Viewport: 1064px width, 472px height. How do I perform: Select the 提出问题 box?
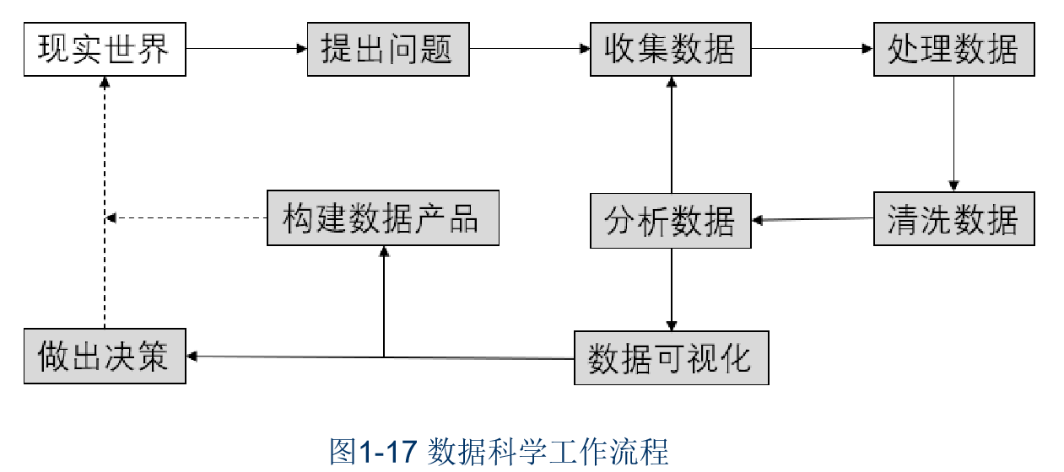[x=388, y=49]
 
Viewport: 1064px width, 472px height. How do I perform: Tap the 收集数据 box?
[x=671, y=49]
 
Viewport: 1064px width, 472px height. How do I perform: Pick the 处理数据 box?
[x=953, y=49]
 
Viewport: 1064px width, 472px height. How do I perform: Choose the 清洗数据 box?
[x=953, y=220]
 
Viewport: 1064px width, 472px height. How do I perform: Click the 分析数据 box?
[x=671, y=221]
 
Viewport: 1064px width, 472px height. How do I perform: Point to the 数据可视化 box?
[x=671, y=358]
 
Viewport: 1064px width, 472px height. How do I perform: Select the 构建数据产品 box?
[x=383, y=218]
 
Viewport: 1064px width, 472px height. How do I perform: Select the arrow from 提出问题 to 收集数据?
[x=529, y=49]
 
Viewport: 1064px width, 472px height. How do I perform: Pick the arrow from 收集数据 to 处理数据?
[x=812, y=49]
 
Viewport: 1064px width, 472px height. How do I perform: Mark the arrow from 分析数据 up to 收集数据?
[x=671, y=135]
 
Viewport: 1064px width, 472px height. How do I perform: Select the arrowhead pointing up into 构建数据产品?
[x=384, y=251]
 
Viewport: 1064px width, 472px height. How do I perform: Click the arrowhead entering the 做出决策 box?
[x=192, y=357]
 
